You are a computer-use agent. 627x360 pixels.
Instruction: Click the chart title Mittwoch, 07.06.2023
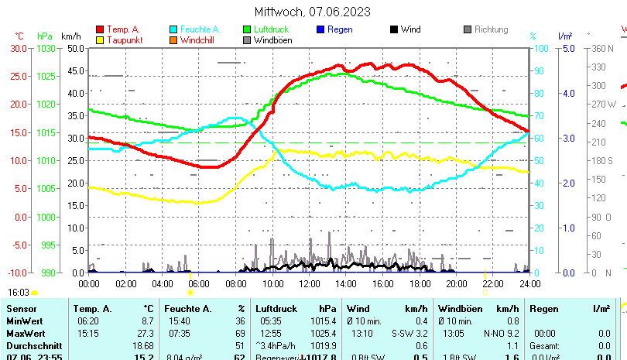coord(313,12)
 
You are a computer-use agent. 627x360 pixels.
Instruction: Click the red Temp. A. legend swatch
coord(100,30)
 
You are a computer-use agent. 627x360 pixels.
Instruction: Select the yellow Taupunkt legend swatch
coord(100,40)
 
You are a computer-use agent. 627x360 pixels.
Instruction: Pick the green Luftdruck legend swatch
coord(247,30)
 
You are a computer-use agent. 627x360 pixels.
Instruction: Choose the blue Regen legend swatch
coord(320,30)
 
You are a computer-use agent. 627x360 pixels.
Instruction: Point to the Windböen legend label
coord(272,40)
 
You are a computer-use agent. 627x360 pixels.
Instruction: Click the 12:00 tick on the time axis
coord(310,283)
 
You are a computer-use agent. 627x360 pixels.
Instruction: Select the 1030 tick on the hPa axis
coord(46,48)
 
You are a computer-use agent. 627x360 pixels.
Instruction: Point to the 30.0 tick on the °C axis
coord(19,48)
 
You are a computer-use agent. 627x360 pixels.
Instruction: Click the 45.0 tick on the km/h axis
coord(75,70)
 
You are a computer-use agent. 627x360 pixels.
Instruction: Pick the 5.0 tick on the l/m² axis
coord(565,48)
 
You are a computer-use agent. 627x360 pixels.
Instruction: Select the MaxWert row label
coord(25,332)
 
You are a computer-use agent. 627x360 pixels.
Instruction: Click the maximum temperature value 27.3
coord(146,332)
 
